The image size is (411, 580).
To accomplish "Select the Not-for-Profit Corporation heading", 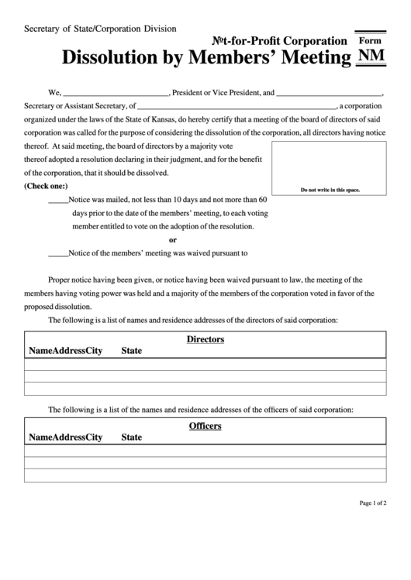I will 280,41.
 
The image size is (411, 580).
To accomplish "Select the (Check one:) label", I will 47,187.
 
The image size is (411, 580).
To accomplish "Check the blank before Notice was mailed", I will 58,201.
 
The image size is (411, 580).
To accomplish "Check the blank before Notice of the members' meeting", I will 58,252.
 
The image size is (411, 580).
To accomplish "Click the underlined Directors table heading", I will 205,339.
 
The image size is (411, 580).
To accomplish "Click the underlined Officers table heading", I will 205,426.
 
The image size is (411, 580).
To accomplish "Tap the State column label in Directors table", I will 132,351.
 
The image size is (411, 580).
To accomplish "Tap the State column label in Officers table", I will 132,438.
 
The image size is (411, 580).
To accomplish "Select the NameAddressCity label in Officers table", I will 66,438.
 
